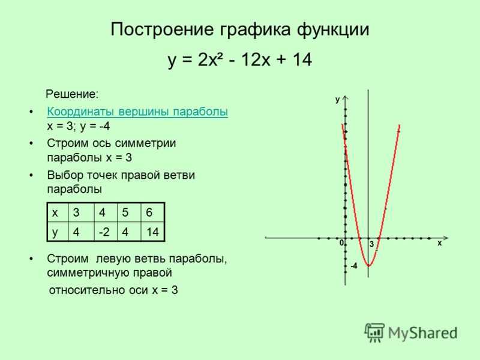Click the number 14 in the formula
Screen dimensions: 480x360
[302, 59]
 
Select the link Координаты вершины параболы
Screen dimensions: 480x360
[137, 112]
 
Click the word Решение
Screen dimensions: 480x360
[72, 94]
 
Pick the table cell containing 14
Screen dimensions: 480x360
[153, 232]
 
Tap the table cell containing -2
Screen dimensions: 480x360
[106, 232]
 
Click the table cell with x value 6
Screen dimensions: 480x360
[153, 212]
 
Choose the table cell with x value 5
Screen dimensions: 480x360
[129, 212]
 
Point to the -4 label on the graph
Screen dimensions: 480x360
[353, 266]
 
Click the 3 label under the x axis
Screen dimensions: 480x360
[371, 244]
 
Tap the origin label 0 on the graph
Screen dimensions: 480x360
[341, 243]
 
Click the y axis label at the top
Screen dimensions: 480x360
[337, 100]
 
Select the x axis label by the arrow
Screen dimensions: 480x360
[440, 243]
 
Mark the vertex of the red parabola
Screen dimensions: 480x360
[368, 266]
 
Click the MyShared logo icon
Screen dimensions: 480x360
[374, 332]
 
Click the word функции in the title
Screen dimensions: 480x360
[333, 29]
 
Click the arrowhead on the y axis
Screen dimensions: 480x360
[346, 98]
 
